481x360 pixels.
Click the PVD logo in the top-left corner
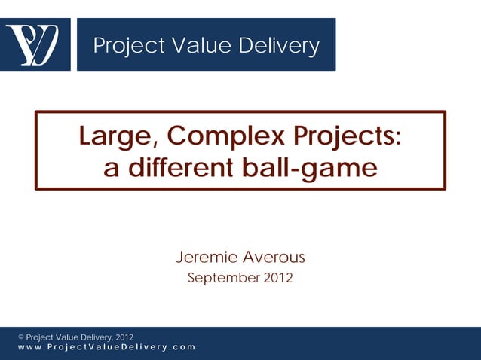[35, 44]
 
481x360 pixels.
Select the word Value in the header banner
[198, 46]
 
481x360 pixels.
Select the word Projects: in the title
[345, 139]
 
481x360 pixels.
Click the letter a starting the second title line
[111, 169]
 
